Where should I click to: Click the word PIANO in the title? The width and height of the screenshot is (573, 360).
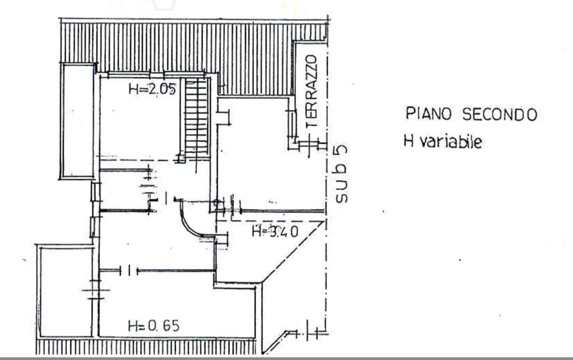pyautogui.click(x=428, y=114)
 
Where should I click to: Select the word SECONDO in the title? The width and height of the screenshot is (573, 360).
pyautogui.click(x=499, y=114)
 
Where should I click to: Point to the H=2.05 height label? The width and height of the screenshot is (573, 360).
pyautogui.click(x=152, y=89)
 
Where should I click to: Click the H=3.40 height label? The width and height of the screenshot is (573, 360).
pyautogui.click(x=275, y=231)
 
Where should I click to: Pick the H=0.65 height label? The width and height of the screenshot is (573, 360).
pyautogui.click(x=154, y=326)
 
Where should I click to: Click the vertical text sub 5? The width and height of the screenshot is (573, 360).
pyautogui.click(x=341, y=174)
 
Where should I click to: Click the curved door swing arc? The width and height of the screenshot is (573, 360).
pyautogui.click(x=191, y=220)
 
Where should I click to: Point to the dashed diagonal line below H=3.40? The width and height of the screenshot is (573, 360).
pyautogui.click(x=293, y=252)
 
